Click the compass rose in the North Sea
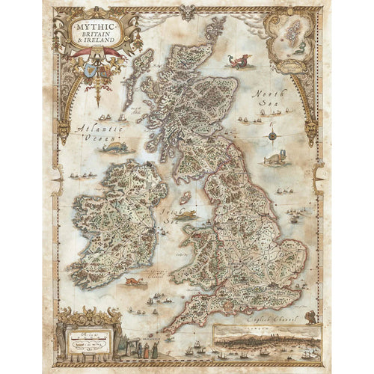click(x=272, y=136)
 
